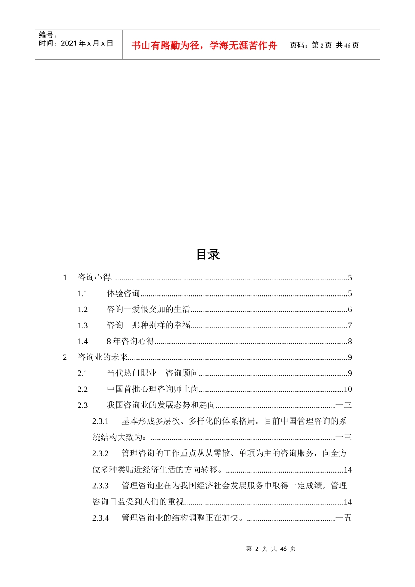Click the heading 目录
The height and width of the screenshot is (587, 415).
[208, 255]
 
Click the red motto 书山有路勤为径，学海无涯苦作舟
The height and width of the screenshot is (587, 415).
[204, 45]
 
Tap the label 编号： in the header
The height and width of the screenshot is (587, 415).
[48, 35]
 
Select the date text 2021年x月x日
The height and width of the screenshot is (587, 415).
[86, 43]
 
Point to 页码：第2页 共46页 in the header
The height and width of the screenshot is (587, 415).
[324, 45]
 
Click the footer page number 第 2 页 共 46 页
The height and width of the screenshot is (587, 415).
[270, 549]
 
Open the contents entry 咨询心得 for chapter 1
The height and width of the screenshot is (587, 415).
[94, 277]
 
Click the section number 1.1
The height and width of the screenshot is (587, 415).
[83, 293]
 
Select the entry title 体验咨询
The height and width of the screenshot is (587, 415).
[123, 293]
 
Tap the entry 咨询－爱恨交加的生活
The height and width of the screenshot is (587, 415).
[149, 309]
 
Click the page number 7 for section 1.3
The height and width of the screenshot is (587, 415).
[349, 325]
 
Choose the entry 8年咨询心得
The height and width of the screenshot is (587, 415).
[131, 341]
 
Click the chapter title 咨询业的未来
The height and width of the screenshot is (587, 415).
[103, 357]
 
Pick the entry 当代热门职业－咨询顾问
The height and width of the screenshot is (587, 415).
[152, 373]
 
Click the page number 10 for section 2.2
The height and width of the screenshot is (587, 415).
[347, 389]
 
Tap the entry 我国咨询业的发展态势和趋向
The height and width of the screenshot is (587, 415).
[161, 405]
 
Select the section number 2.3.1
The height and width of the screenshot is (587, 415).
[100, 421]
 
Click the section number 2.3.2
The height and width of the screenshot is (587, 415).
[100, 453]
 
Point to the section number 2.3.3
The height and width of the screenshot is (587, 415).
[100, 486]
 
